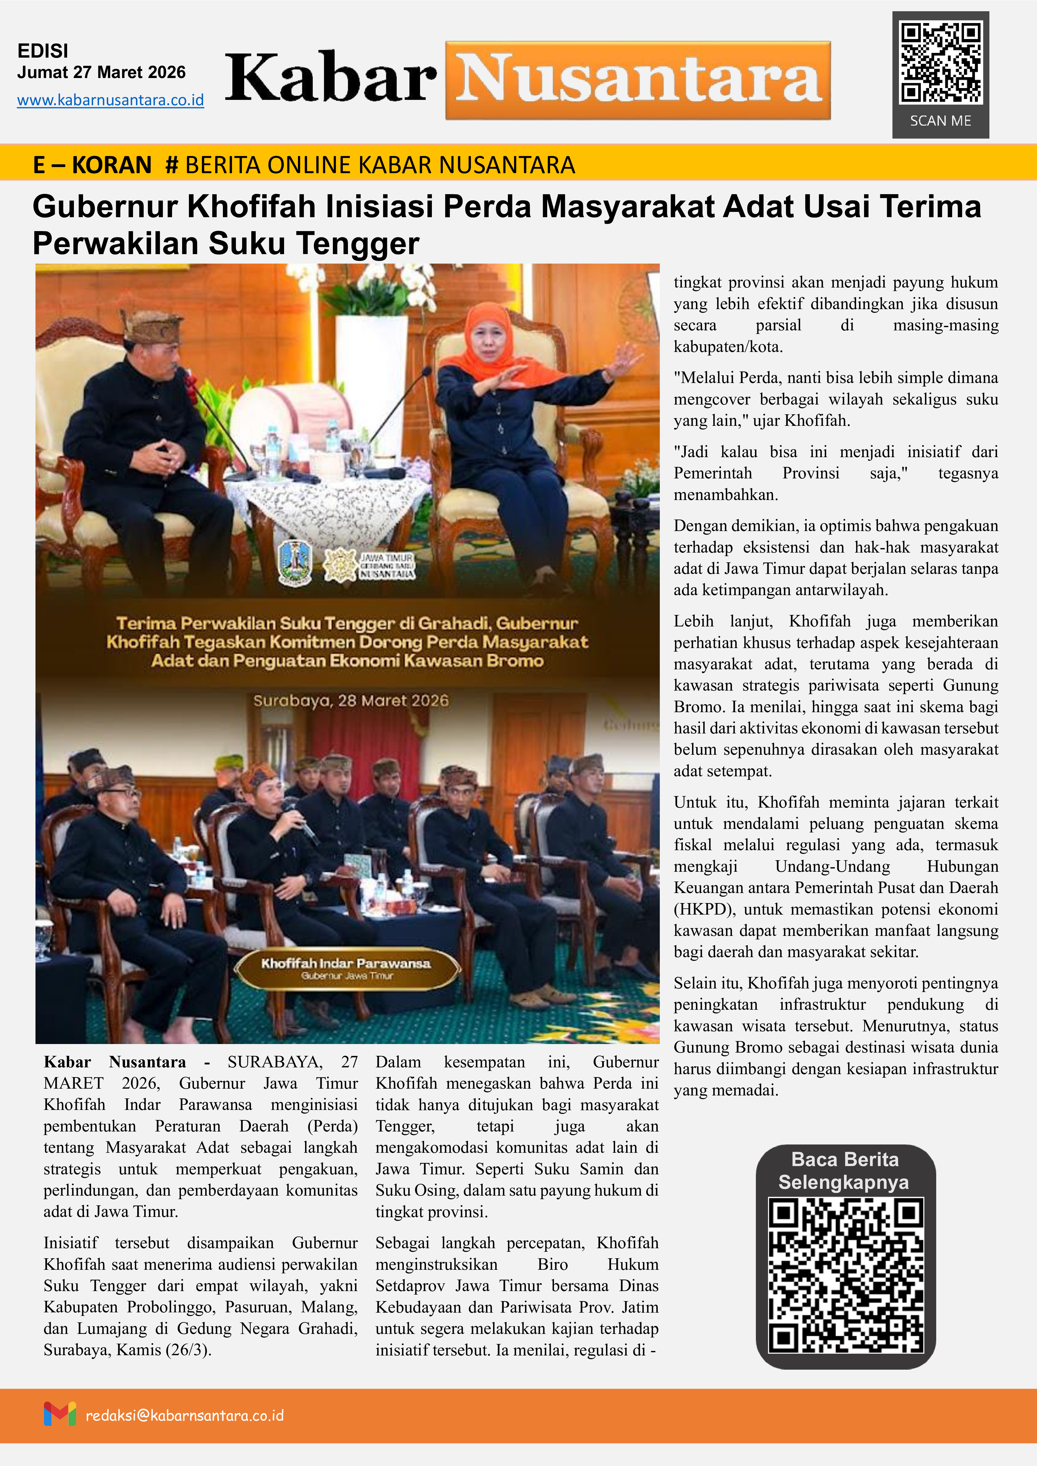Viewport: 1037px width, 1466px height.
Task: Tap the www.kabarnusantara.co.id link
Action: [x=111, y=100]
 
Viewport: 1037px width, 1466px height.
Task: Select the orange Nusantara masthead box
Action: [x=638, y=80]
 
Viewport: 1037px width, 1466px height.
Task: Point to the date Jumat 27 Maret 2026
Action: [x=101, y=72]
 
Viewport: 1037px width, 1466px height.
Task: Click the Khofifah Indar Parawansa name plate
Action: [x=346, y=967]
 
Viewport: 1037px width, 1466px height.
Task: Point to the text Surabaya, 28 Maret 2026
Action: [x=351, y=700]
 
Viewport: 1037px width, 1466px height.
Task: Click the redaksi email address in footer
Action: [x=184, y=1415]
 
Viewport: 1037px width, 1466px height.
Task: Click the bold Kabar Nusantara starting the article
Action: [x=115, y=1062]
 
